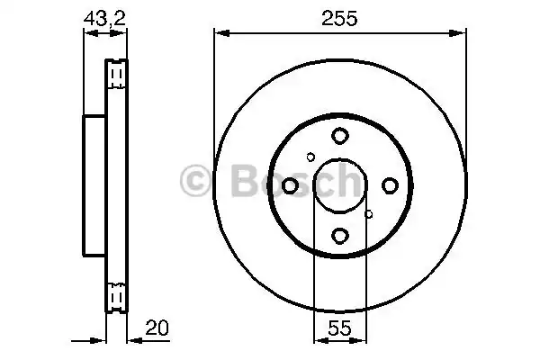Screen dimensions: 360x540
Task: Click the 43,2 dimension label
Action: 104,15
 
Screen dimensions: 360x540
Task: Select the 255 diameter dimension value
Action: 339,15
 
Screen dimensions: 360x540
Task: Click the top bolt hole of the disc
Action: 339,136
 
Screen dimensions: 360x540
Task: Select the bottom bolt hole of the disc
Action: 339,235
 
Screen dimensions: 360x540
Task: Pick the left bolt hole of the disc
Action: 291,185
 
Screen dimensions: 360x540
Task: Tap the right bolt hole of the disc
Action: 389,185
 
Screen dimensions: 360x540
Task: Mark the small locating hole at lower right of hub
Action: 369,214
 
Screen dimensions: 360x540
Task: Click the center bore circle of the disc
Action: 339,185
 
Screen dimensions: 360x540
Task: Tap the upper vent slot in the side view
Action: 116,73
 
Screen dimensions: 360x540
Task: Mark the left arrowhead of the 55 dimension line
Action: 318,340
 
